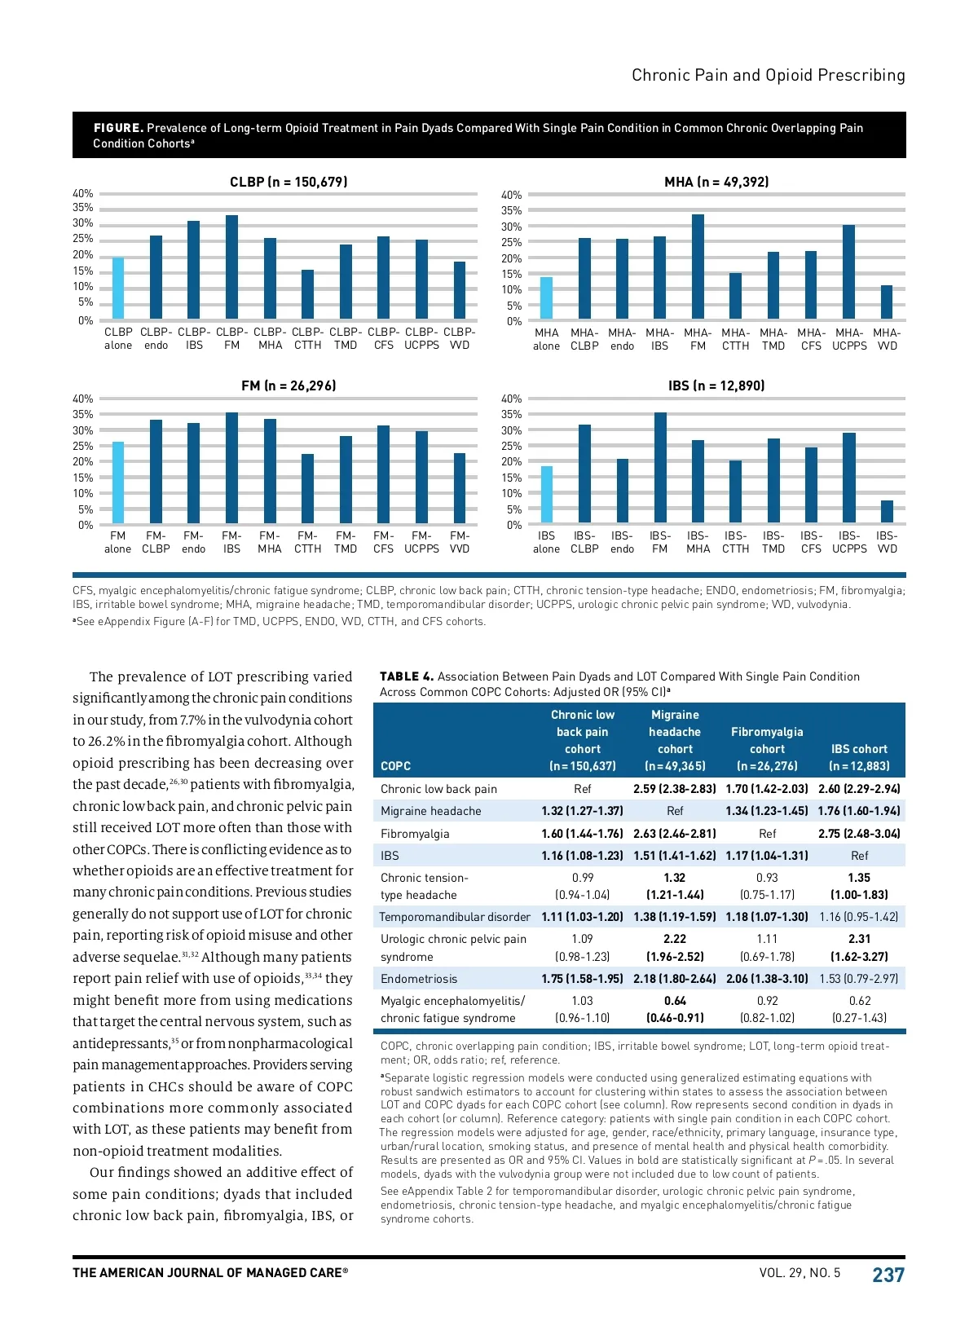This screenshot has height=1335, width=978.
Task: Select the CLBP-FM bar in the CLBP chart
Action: point(232,267)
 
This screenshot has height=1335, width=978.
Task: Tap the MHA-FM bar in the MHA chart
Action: point(698,267)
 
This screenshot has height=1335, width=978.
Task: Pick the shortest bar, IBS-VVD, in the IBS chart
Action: point(887,512)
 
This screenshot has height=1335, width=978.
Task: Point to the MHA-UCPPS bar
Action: point(849,272)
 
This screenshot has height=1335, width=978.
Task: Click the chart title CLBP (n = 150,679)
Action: point(289,182)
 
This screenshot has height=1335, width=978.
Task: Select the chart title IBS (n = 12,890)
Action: point(716,386)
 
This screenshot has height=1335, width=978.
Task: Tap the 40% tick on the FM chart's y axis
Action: point(83,399)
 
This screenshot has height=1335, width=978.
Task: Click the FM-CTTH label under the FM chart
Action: point(307,542)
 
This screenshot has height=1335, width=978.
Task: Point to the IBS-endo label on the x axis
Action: point(622,542)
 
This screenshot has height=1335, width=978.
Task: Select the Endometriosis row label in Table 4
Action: point(419,979)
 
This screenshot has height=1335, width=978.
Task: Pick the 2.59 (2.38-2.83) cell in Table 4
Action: point(675,789)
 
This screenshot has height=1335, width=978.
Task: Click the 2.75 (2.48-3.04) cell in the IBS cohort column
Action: point(859,834)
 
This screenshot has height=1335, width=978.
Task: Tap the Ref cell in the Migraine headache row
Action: point(675,811)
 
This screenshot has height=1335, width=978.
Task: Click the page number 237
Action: point(888,1275)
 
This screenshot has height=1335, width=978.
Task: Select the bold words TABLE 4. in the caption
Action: point(407,676)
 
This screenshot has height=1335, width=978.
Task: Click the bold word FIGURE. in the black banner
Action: point(118,128)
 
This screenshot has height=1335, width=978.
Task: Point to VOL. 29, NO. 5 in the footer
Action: point(800,1273)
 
